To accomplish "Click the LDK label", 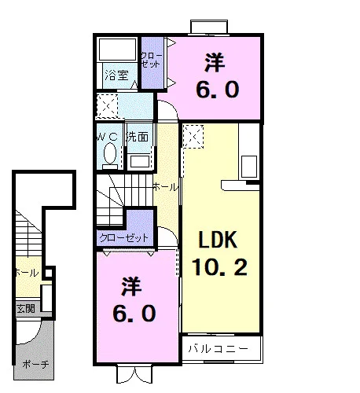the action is click(218, 240).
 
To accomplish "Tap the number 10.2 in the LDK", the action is click(219, 266).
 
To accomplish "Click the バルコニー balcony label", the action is click(218, 349).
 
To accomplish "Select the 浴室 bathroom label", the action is click(116, 75).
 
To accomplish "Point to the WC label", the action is click(107, 137).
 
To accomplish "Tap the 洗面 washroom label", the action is click(138, 137).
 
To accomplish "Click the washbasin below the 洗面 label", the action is click(140, 161).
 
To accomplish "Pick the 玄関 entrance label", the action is click(26, 308).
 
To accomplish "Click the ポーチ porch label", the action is click(35, 364).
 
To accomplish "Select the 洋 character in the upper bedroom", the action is click(215, 62).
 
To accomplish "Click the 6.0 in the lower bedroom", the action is click(134, 314).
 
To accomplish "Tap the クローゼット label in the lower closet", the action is click(124, 238).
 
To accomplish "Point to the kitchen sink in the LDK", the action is click(249, 167).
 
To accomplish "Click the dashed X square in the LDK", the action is click(193, 137).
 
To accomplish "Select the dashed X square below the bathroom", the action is click(108, 106).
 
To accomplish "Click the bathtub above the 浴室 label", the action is click(118, 50).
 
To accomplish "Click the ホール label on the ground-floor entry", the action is click(28, 273).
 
